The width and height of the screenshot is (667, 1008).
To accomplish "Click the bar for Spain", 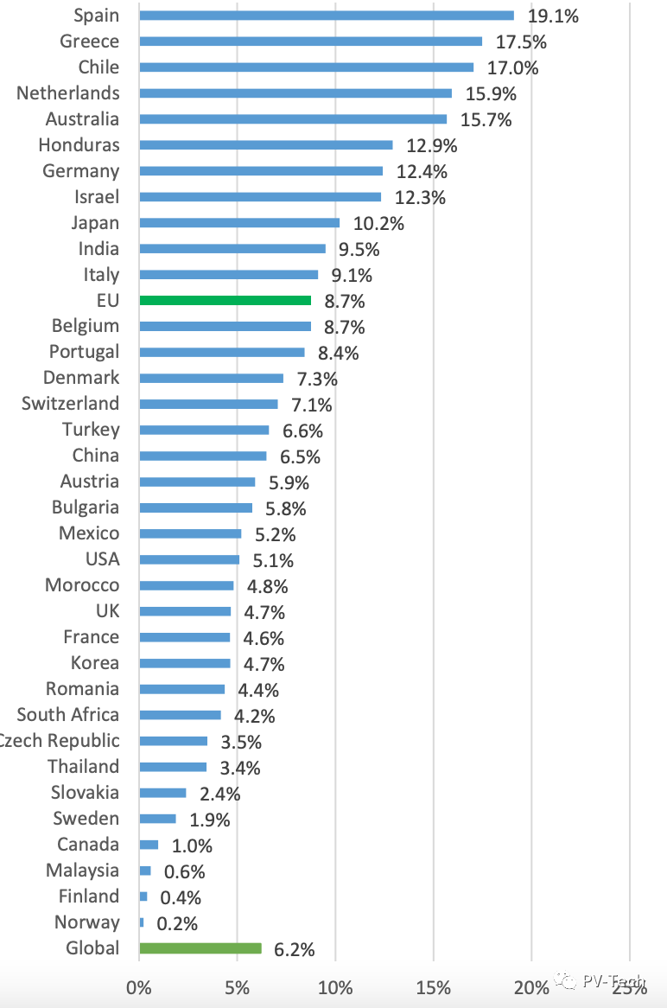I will pyautogui.click(x=326, y=16).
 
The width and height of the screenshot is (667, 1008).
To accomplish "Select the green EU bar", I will pyautogui.click(x=225, y=300).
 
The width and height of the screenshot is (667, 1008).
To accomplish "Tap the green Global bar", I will pyautogui.click(x=200, y=948).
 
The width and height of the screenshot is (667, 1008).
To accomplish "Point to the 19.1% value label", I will pyautogui.click(x=554, y=16).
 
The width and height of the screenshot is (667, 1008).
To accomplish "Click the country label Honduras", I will pyautogui.click(x=79, y=144).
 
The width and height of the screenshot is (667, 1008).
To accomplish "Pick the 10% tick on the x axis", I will pyautogui.click(x=335, y=987).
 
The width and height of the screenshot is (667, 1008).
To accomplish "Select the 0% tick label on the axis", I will pyautogui.click(x=138, y=987).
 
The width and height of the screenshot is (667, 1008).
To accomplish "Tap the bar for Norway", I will pyautogui.click(x=142, y=922).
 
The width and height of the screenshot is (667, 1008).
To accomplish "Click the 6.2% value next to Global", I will pyautogui.click(x=295, y=950).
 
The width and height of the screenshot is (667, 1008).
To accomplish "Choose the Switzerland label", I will pyautogui.click(x=71, y=404).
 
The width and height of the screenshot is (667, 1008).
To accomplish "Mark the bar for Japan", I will pyautogui.click(x=239, y=222).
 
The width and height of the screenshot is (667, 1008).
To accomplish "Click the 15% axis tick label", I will pyautogui.click(x=434, y=987).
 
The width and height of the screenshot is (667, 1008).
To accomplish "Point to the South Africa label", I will pyautogui.click(x=68, y=715).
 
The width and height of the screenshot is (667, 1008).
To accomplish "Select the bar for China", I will pyautogui.click(x=202, y=456).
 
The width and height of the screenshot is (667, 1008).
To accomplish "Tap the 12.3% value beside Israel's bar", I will pyautogui.click(x=421, y=198).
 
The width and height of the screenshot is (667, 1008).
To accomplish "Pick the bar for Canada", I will pyautogui.click(x=149, y=845).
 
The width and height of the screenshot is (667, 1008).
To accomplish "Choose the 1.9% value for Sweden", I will pyautogui.click(x=209, y=820).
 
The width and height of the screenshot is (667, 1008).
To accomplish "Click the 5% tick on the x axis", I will pyautogui.click(x=237, y=987).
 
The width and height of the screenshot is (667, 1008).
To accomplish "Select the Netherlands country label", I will pyautogui.click(x=68, y=93).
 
